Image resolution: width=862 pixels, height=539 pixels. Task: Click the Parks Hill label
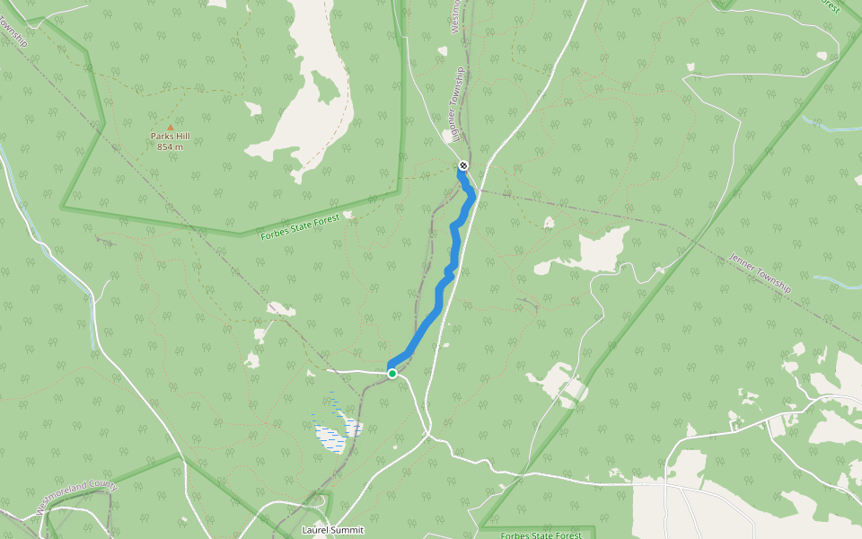point(170,137)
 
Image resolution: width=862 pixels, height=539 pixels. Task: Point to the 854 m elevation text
point(170,146)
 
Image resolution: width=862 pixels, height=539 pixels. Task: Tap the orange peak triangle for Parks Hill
point(170,128)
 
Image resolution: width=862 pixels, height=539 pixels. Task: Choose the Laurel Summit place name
point(333,530)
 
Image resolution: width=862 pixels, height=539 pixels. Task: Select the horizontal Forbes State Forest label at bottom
point(541,535)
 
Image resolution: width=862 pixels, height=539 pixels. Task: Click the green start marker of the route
point(392,374)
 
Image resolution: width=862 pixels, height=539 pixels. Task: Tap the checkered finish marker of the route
point(463,165)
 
